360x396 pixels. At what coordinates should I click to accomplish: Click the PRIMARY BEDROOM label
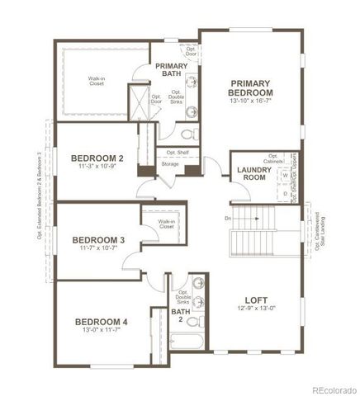[x=252, y=88]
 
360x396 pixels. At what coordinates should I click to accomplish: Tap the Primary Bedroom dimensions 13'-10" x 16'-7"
[x=252, y=101]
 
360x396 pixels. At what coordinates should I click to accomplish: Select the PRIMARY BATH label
[x=172, y=70]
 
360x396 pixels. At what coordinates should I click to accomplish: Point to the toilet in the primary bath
[x=187, y=133]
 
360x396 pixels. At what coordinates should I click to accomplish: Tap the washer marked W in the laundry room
[x=285, y=176]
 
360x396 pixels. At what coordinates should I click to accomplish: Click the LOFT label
[x=257, y=299]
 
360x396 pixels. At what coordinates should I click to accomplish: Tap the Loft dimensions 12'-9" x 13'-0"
[x=257, y=309]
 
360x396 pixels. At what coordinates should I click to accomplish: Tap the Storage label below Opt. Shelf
[x=170, y=164]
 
